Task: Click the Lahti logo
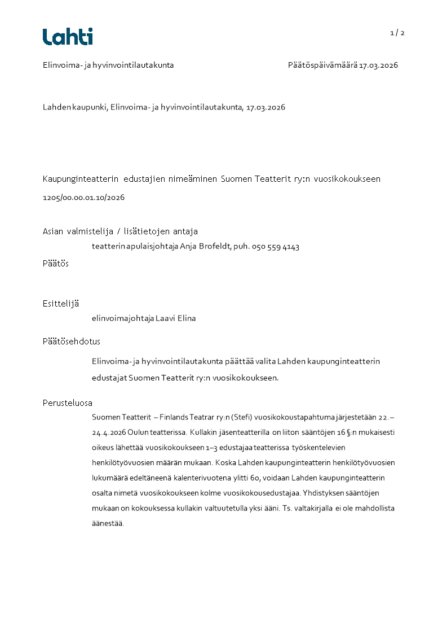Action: point(68,37)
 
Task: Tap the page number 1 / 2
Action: point(397,33)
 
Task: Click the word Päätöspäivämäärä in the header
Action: point(322,65)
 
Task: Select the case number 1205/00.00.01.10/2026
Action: point(83,198)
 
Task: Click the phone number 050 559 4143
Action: point(277,247)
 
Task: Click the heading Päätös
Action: point(56,263)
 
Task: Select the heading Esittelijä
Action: point(61,303)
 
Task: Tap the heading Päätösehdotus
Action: point(72,341)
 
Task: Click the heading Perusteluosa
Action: point(68,403)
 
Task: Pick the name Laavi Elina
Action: point(177,318)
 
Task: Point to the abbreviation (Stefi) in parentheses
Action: point(242,417)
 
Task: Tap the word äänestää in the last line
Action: point(107,523)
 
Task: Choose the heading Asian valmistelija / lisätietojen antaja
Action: point(120,231)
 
